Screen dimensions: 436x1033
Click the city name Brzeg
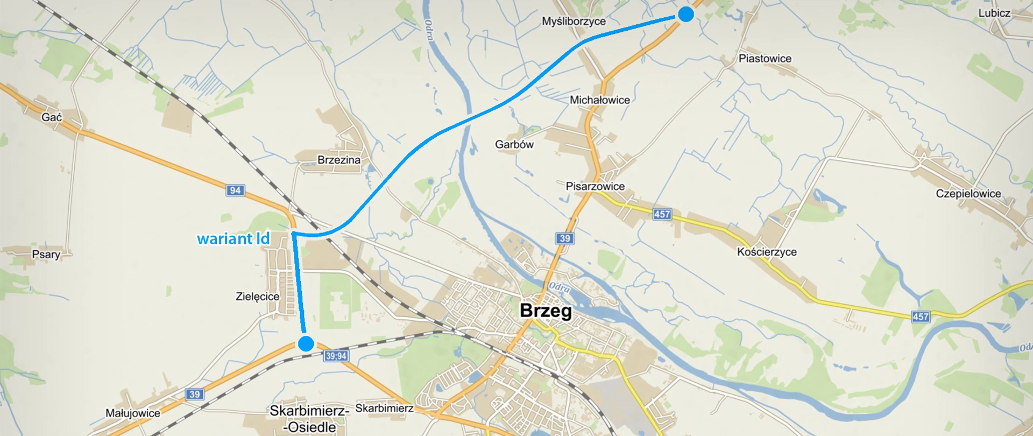pos(546,311)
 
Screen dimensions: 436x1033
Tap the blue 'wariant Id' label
pos(233,238)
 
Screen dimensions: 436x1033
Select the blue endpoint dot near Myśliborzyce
pos(685,15)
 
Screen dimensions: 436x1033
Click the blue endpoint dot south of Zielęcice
pos(306,343)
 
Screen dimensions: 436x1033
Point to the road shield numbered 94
pos(235,190)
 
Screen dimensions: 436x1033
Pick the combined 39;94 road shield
pos(336,356)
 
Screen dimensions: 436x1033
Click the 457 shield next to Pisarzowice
pos(662,214)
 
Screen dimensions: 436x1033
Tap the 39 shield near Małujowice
pos(195,394)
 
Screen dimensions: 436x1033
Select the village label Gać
pos(52,117)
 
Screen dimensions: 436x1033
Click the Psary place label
pos(46,255)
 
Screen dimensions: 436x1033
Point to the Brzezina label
pos(338,160)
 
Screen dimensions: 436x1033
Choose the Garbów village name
pos(514,144)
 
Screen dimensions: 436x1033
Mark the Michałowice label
pos(599,100)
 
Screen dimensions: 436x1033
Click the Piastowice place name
pos(765,59)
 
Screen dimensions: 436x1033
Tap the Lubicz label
pos(994,13)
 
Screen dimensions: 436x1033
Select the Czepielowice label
pos(968,194)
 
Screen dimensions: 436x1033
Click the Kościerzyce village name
pos(767,252)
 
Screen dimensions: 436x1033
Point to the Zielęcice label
pos(257,297)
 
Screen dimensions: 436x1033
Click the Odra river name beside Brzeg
pos(560,287)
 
